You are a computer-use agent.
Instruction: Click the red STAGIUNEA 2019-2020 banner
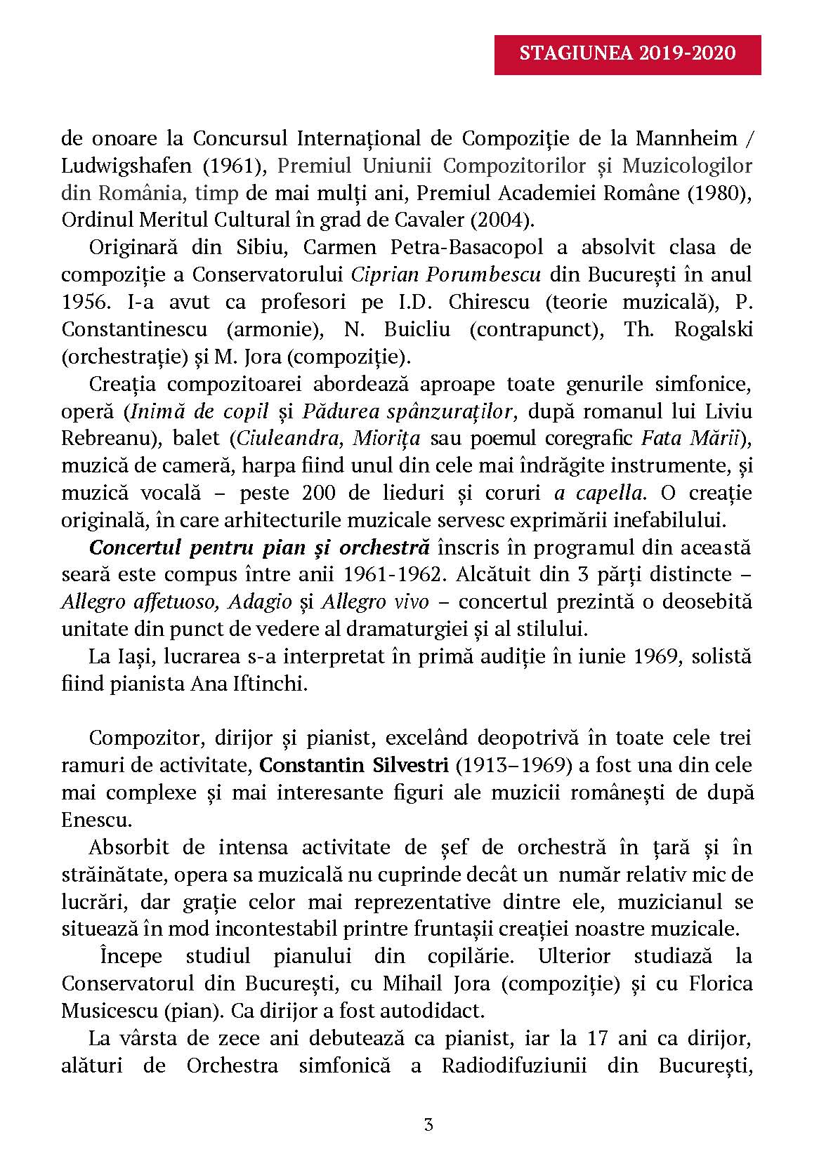click(x=627, y=54)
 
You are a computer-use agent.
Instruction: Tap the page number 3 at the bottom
click(x=428, y=1125)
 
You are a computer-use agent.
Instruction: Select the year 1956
click(x=84, y=302)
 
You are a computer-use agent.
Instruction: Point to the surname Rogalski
click(x=713, y=329)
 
